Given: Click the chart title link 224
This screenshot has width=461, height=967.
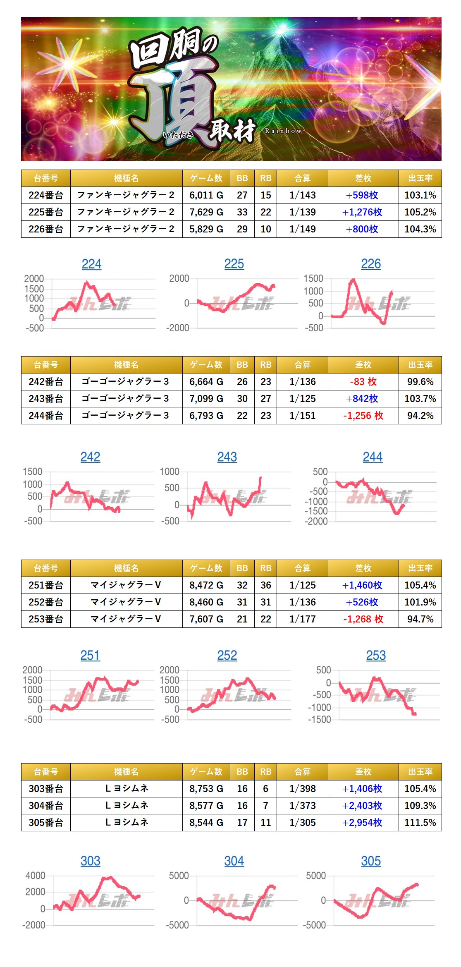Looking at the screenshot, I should [x=91, y=264].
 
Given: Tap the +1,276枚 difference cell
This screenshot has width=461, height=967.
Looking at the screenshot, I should [x=363, y=212].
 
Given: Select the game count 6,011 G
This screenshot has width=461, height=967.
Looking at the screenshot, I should [x=206, y=195].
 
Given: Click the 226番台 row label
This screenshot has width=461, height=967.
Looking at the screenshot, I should [x=45, y=229].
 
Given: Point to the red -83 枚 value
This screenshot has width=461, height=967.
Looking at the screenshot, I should [x=363, y=382].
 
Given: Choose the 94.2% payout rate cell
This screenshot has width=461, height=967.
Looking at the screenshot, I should [x=420, y=416].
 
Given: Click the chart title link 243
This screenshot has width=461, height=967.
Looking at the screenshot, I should [x=227, y=457].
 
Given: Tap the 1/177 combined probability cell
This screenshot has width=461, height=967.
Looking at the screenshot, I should [x=302, y=619].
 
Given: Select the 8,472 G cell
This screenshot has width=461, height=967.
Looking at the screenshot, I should [x=206, y=585].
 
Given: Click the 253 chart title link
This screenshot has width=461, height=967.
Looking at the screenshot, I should [x=376, y=656].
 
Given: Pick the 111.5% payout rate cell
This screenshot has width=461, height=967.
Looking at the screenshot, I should [x=420, y=823].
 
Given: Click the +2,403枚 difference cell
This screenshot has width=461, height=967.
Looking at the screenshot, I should [x=363, y=806].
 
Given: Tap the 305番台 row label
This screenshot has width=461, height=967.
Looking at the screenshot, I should [x=45, y=823].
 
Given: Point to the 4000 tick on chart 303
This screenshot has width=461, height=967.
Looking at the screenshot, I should [x=36, y=876].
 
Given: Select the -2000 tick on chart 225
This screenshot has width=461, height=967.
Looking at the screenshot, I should [x=178, y=328].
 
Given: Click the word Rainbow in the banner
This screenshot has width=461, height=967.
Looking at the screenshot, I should [x=283, y=131].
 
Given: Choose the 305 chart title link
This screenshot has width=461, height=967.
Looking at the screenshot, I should [x=371, y=861].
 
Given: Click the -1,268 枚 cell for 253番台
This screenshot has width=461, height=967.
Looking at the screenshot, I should [x=363, y=619].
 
